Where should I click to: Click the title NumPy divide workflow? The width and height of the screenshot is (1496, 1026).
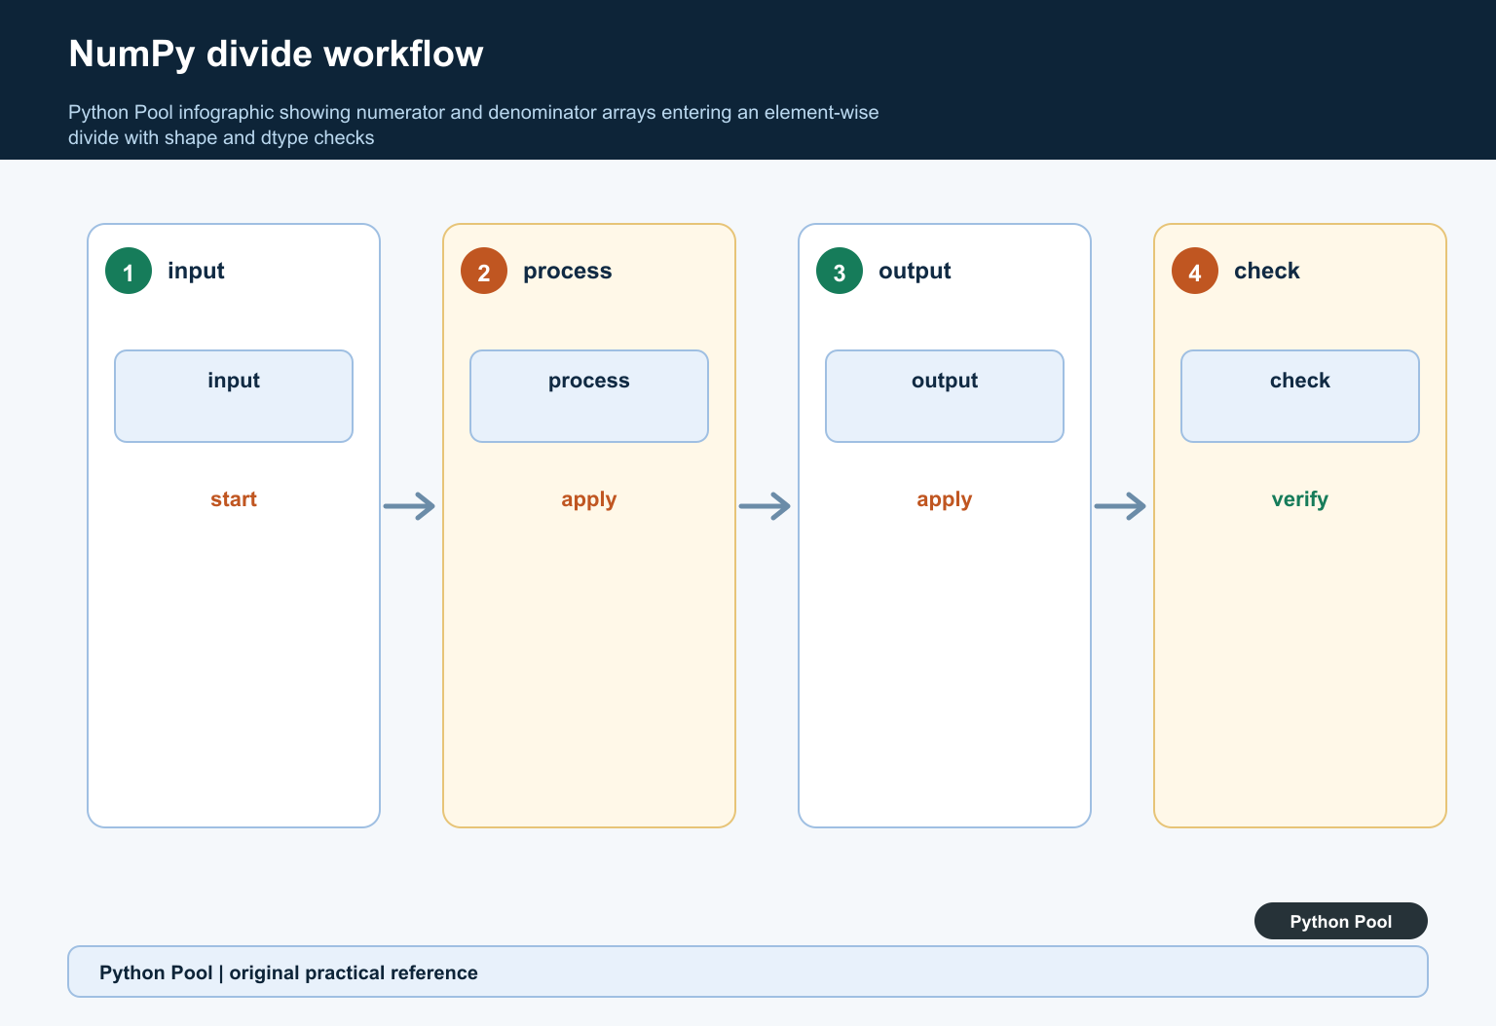[x=276, y=55]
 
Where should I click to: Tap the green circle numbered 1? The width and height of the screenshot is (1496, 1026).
[x=129, y=271]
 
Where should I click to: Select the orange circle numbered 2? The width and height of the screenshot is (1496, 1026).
[x=484, y=271]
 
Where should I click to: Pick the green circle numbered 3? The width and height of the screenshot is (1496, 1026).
[x=840, y=271]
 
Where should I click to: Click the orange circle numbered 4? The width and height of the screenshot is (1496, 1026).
[x=1195, y=271]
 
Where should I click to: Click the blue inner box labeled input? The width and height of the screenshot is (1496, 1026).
[x=234, y=396]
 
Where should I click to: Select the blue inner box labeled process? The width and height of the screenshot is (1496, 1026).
[x=589, y=396]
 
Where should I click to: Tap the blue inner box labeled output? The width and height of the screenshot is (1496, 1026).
[x=945, y=396]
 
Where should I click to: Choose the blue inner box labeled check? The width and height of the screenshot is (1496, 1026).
[x=1299, y=396]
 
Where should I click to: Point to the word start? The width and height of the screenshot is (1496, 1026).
[x=234, y=499]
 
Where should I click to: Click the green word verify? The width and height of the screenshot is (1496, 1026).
[x=1299, y=500]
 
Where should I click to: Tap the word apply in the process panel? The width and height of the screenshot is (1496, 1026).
[x=589, y=500]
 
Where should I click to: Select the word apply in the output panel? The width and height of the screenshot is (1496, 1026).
[x=945, y=500]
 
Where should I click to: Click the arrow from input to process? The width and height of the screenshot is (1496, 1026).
[x=409, y=506]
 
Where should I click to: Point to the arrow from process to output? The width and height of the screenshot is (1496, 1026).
[x=765, y=506]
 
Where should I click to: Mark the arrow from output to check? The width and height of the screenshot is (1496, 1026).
[x=1120, y=506]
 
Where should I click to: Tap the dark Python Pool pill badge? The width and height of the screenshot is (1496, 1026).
[x=1341, y=921]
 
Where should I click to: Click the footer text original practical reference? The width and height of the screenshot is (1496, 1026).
[x=354, y=973]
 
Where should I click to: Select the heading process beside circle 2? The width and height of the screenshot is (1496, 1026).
[x=567, y=271]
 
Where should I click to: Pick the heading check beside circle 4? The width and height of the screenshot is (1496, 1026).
[x=1267, y=271]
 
